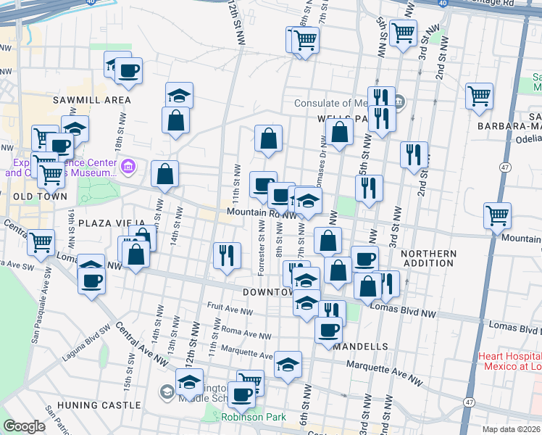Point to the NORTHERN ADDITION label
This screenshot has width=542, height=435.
coord(428,259)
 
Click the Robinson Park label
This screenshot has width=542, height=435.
coord(254,417)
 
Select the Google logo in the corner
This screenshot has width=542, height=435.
coord(24,426)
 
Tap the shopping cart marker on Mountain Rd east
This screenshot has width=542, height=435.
coord(497,215)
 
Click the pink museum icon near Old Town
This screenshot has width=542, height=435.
coord(128,168)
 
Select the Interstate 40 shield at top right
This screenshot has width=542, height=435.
coord(443,4)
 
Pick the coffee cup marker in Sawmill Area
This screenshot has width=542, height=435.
coord(128,71)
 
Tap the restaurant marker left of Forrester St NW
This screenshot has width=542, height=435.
coord(227,255)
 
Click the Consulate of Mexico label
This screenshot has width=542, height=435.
coord(341,103)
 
